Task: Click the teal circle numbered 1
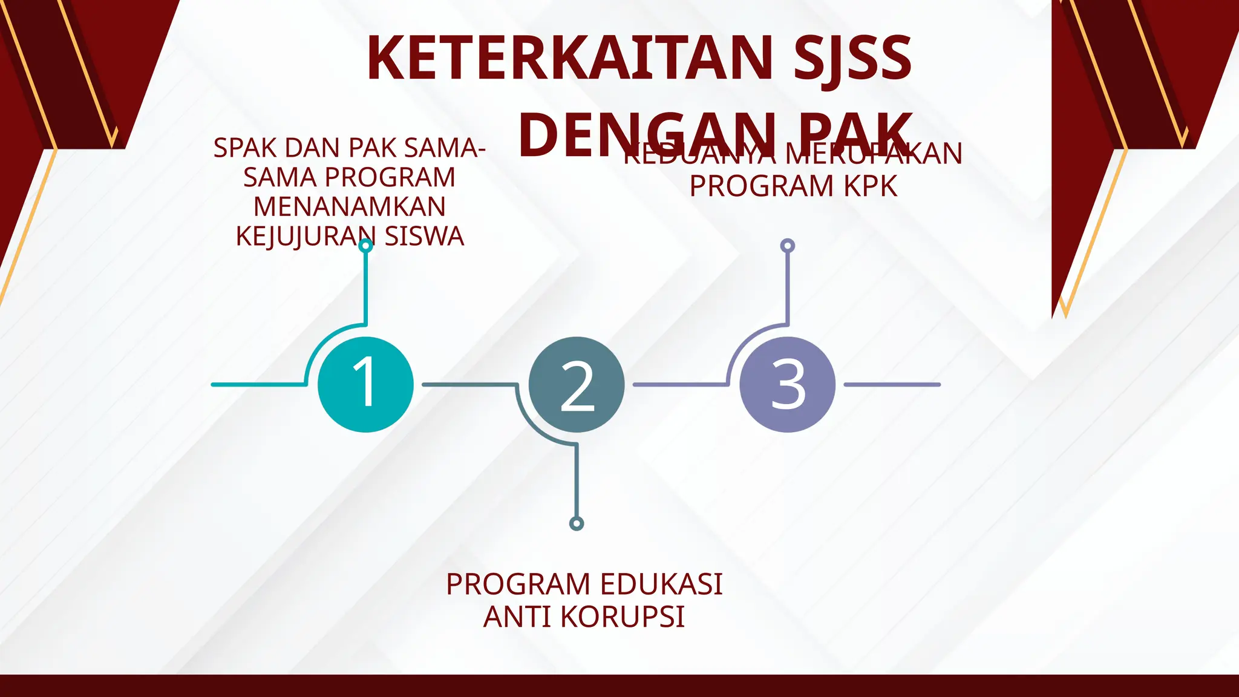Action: click(365, 384)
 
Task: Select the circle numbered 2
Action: click(577, 384)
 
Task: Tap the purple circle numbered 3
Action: click(787, 384)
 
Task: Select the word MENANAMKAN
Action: click(349, 207)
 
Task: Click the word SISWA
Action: click(424, 236)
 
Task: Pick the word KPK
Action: click(871, 186)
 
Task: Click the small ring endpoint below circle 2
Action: click(577, 523)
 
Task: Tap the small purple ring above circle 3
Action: click(787, 246)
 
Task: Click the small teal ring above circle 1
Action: click(365, 246)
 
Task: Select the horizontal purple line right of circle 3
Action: click(892, 384)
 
